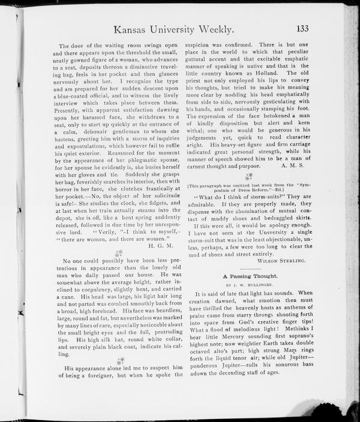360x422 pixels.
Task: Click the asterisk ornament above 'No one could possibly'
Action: click(119, 253)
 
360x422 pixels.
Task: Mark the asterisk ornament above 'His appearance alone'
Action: click(121, 360)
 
